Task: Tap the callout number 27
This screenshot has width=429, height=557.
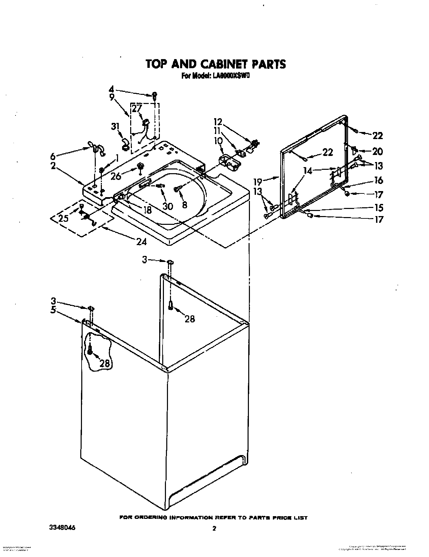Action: [137, 109]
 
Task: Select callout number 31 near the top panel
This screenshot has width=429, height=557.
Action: [116, 127]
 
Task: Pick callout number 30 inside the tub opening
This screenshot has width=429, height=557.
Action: [168, 206]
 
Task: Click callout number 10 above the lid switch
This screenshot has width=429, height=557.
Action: [219, 140]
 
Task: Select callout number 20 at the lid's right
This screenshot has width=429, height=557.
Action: [378, 151]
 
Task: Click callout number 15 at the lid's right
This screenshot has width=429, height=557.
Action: [378, 207]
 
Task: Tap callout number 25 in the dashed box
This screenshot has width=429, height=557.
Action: [63, 218]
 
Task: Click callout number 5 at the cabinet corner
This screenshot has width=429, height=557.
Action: [53, 310]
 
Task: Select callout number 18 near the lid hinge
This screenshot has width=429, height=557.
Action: [147, 210]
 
